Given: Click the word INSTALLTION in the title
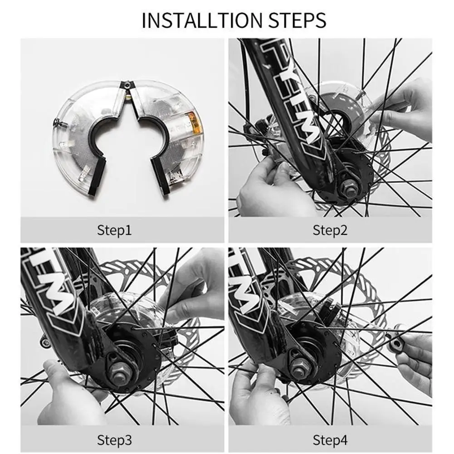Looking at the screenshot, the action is [x=202, y=20].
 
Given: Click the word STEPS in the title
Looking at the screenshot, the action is [x=298, y=20].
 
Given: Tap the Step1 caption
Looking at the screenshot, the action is [x=114, y=230].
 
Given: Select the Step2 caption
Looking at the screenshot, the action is [x=330, y=230].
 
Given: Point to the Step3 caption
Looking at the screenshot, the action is [x=114, y=440].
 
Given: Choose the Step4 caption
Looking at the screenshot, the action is [x=330, y=440].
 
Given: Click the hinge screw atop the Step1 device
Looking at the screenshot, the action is [x=127, y=84].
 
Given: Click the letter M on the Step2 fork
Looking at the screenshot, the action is [x=308, y=127].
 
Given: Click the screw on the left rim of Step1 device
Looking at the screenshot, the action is [x=59, y=122].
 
